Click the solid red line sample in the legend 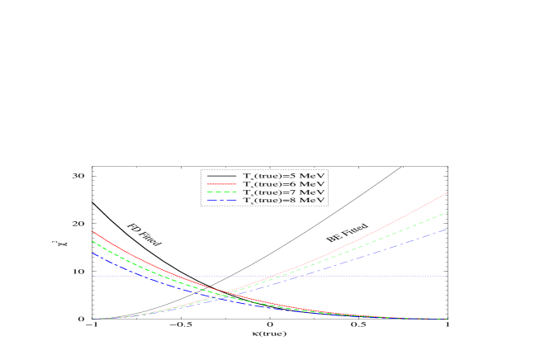coord(221,184)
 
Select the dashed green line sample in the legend coord(221,192)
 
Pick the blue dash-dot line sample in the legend coord(221,200)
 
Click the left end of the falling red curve coord(92,231)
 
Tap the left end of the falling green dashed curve coord(92,241)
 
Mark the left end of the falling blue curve coord(92,252)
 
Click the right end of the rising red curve coord(447,193)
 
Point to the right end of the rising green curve coord(447,213)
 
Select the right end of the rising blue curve coord(447,230)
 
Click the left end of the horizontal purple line coord(92,276)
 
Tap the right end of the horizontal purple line coord(447,276)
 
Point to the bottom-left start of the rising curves coord(92,319)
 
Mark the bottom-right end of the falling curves coord(447,319)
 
